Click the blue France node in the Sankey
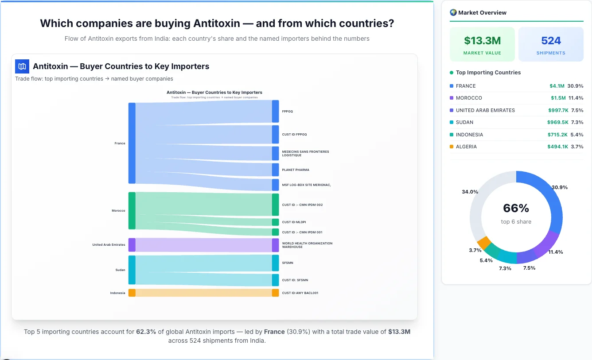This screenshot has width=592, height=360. (132, 143)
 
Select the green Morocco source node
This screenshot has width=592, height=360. (132, 211)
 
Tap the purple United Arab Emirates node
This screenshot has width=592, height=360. (132, 245)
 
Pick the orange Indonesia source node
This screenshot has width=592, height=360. (132, 293)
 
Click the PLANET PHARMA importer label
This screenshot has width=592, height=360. (296, 170)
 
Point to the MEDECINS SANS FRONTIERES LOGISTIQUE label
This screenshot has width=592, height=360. (305, 154)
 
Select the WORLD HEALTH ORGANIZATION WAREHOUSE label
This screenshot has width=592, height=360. (307, 245)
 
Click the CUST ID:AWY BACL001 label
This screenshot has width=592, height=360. (300, 293)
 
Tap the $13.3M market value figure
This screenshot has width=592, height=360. (482, 41)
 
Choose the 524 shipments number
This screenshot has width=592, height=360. (551, 41)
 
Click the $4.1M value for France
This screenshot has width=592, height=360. (557, 86)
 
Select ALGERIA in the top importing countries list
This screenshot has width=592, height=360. (466, 147)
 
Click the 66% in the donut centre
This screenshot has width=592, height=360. (516, 208)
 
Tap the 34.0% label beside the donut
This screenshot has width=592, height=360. (470, 192)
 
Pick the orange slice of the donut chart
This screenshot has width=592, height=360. (484, 242)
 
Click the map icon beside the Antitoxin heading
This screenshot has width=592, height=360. (22, 66)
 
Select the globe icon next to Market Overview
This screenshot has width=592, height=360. (453, 12)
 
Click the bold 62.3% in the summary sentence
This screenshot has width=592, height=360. (146, 331)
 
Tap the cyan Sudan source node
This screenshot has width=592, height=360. (132, 270)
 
